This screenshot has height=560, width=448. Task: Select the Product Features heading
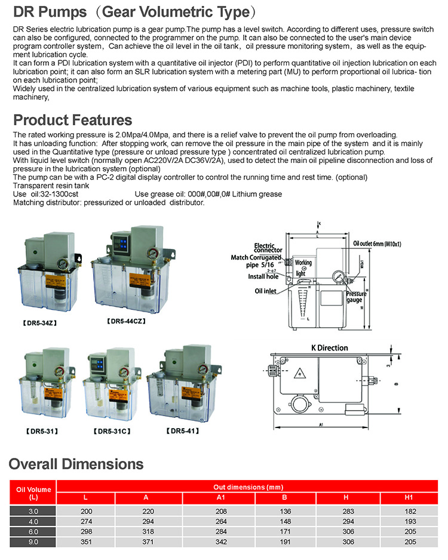click(x=72, y=119)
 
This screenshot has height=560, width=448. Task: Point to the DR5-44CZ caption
click(x=126, y=321)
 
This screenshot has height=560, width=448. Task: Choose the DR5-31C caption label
click(x=113, y=430)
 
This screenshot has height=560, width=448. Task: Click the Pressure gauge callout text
click(x=357, y=297)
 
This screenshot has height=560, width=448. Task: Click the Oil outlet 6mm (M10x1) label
click(x=377, y=244)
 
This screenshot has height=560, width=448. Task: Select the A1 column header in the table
click(x=220, y=498)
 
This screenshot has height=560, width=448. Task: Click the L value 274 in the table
click(x=87, y=521)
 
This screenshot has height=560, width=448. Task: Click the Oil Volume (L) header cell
click(x=32, y=493)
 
